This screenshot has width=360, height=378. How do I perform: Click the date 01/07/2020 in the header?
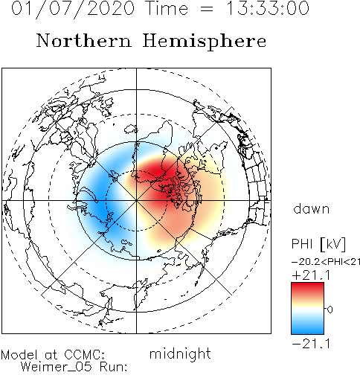point(73,9)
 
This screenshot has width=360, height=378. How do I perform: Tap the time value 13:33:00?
point(269,8)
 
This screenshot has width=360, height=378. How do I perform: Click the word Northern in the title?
point(84,40)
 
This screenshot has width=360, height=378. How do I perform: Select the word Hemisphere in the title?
point(205,42)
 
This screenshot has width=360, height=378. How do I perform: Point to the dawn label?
point(312,208)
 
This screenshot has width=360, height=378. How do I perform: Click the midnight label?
point(180,354)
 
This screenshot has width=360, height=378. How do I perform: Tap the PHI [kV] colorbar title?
point(318,244)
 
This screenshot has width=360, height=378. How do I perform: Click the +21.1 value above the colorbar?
point(312,275)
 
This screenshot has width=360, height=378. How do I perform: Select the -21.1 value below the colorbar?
point(312,344)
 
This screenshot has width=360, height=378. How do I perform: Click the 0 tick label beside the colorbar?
point(330,310)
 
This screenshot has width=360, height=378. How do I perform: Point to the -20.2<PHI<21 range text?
point(326,262)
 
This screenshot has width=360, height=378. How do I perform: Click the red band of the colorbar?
point(307,289)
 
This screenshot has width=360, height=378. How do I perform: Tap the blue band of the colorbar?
point(307,327)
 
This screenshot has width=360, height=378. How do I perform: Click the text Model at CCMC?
point(53,355)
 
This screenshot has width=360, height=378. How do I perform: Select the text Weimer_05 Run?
point(74,367)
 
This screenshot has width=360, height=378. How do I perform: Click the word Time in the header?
point(167,8)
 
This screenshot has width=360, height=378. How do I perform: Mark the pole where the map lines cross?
point(136,200)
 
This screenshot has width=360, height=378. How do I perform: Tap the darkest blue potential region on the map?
point(100,206)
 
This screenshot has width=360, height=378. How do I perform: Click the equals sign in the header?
point(206,9)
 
